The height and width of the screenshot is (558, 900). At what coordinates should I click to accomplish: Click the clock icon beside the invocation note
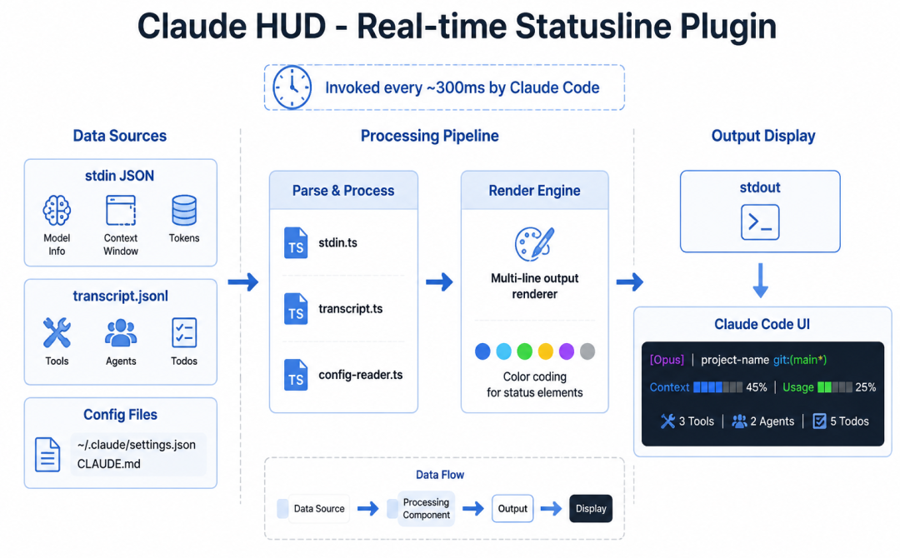point(292,87)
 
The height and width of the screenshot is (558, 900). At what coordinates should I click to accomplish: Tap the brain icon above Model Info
point(57,211)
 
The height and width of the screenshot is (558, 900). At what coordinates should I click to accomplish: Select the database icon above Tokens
point(184,211)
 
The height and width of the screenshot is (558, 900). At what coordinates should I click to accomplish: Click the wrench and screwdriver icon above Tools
point(57,332)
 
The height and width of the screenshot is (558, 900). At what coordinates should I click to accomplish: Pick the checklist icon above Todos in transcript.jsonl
point(184,332)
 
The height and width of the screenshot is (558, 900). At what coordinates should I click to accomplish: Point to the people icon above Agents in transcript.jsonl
point(121,332)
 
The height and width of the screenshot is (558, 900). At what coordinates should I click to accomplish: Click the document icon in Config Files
point(47,454)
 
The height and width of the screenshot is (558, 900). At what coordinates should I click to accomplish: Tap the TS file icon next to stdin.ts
point(296,242)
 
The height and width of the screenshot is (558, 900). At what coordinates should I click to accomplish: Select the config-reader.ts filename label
point(361,375)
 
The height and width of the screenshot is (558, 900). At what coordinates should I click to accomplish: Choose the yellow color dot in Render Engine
point(545,351)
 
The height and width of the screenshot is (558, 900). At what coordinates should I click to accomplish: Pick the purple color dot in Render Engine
point(567,351)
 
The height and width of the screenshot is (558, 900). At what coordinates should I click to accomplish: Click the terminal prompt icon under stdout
point(760,222)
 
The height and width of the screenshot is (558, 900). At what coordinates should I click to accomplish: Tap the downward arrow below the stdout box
point(761,281)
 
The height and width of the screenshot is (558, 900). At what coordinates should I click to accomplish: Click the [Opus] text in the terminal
point(667,360)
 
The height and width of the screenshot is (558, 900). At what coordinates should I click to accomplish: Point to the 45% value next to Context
point(757,387)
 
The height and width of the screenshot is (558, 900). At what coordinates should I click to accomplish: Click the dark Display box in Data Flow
point(591,509)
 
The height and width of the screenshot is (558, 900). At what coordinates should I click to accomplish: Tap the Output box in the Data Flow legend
point(512,509)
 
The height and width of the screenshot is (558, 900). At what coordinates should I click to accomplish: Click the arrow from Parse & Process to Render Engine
point(440,281)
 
